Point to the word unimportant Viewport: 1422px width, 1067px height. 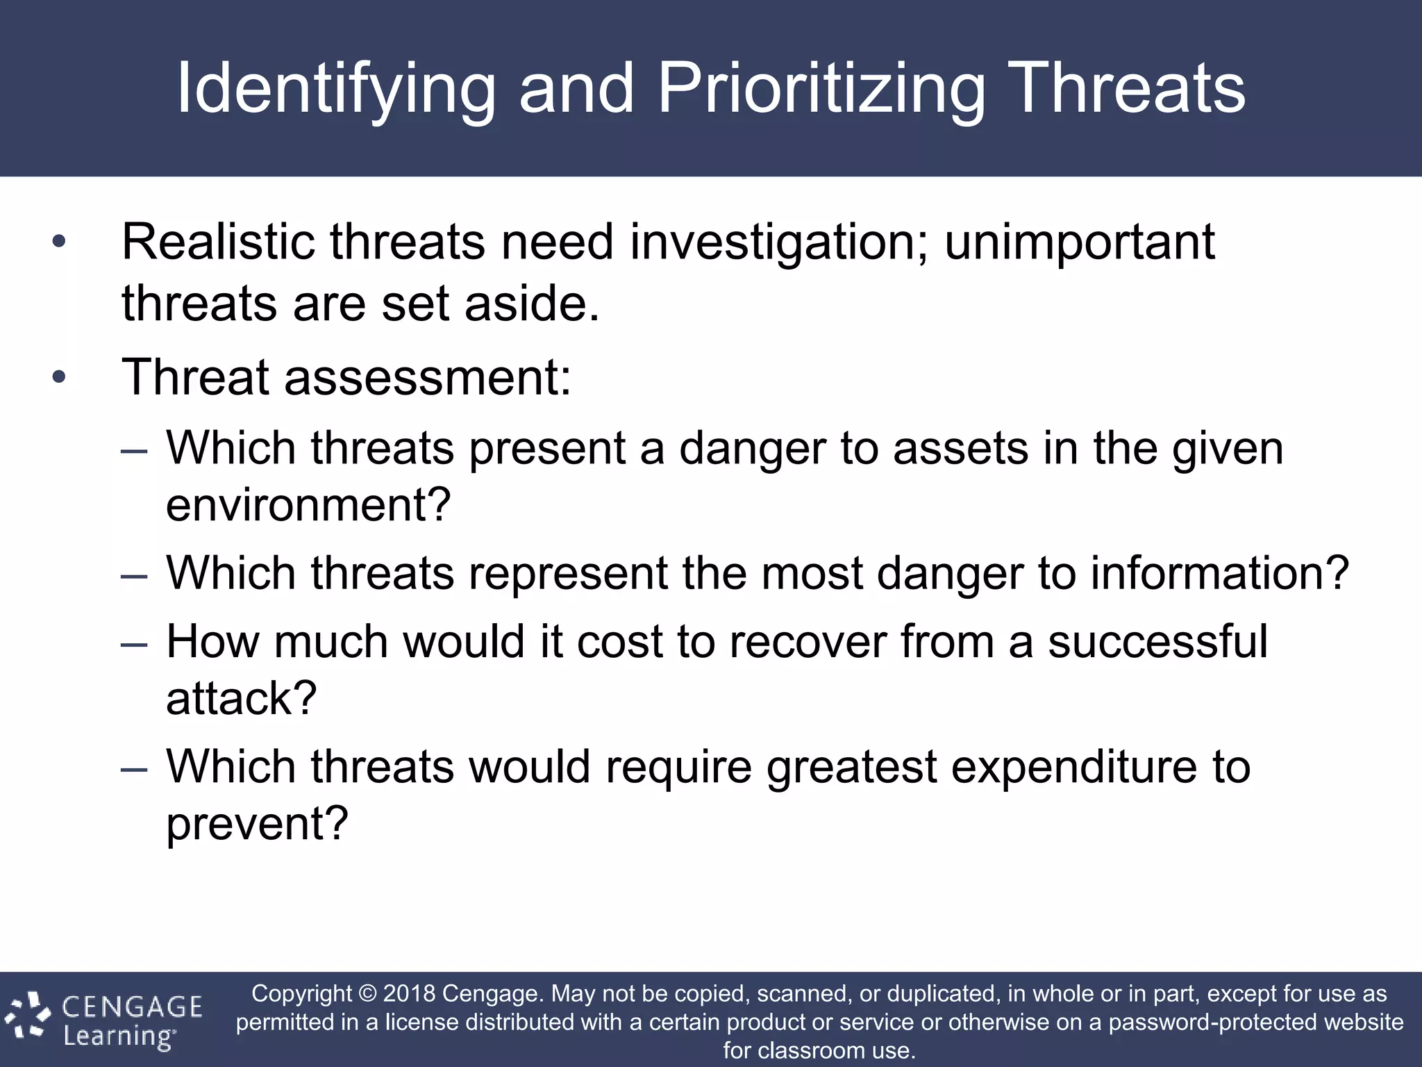[x=1080, y=243]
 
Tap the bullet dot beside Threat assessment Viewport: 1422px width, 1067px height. [x=59, y=377]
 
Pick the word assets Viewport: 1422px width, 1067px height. [x=960, y=448]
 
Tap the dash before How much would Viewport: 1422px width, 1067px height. [x=134, y=643]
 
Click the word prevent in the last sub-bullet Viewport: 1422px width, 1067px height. [x=256, y=824]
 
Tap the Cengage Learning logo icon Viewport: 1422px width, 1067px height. [x=28, y=1018]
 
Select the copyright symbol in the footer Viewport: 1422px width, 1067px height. [x=367, y=994]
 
